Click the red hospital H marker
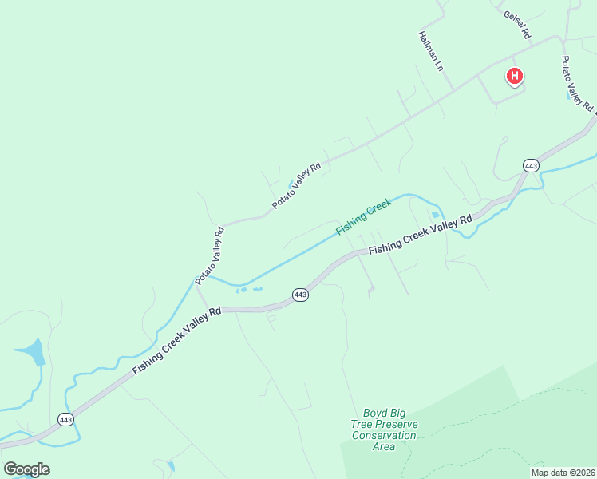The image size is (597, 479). pos(516,77)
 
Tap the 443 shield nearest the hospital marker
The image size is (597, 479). pos(531,165)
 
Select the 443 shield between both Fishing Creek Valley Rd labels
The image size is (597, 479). pos(300,295)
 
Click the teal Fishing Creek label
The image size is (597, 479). pos(364,217)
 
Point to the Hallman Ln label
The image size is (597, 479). pos(430,51)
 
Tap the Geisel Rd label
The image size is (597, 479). pos(516,26)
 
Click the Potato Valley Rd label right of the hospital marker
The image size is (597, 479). pos(576,83)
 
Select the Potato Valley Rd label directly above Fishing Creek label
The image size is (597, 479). pos(296,185)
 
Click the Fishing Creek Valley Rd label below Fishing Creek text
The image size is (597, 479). pos(421,236)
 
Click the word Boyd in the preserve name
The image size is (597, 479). pos(375,413)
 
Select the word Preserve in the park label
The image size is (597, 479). pos(395,424)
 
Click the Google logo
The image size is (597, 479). pos(26,469)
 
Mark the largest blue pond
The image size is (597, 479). pos(30,351)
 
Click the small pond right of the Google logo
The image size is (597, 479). pos(170,465)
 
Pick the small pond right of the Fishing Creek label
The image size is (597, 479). pos(435,214)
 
